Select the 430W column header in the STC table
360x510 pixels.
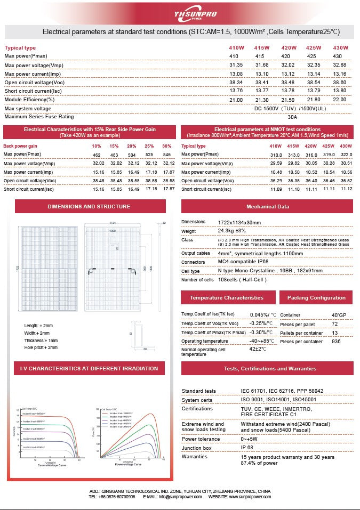click(x=340, y=48)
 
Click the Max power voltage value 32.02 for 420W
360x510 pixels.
click(x=289, y=65)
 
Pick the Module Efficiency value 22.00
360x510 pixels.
click(x=340, y=100)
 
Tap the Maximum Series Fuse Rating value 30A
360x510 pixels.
click(x=292, y=117)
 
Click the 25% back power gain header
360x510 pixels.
click(x=149, y=146)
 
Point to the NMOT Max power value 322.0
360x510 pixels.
click(x=347, y=155)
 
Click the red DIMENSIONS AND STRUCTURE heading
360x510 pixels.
click(x=89, y=206)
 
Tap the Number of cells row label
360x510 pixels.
click(x=197, y=280)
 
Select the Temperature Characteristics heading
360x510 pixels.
click(x=226, y=298)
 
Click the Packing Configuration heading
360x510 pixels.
click(x=316, y=298)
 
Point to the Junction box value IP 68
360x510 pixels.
click(x=247, y=448)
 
